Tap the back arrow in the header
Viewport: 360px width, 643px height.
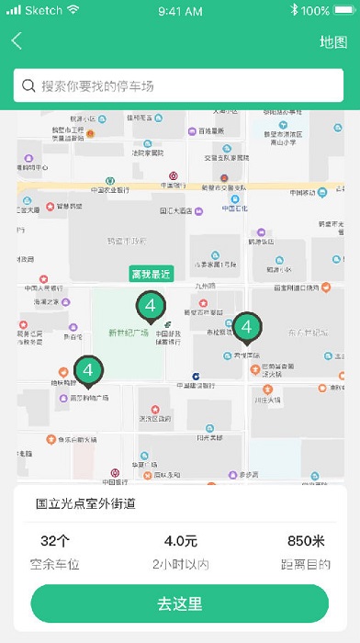click(17, 41)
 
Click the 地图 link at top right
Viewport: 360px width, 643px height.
click(332, 41)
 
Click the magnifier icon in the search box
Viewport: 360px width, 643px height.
click(28, 85)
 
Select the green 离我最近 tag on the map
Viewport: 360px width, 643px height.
click(151, 274)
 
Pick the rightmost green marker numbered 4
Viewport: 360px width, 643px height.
click(246, 326)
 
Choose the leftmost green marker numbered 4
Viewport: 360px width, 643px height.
click(88, 370)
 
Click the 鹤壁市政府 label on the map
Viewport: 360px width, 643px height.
click(126, 242)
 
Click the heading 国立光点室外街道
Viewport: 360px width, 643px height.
click(85, 503)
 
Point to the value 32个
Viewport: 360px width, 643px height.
click(56, 540)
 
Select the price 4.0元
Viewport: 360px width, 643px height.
click(180, 540)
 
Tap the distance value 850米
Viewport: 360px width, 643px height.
click(306, 540)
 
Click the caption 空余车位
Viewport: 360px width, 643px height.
click(56, 564)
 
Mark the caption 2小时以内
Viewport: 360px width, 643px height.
click(180, 564)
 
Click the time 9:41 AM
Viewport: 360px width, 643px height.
click(180, 10)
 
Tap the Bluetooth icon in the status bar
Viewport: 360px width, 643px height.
click(294, 10)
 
